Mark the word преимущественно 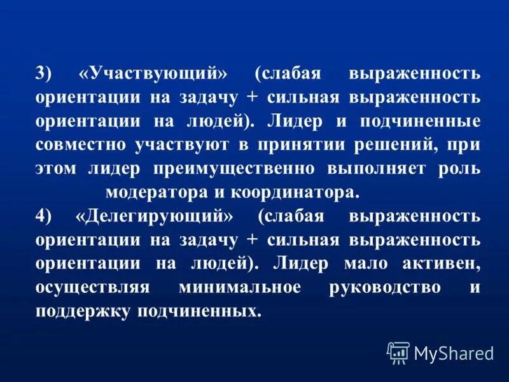234,169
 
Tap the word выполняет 370,169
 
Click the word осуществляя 93,288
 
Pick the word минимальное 239,288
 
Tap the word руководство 386,288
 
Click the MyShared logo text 453,353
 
